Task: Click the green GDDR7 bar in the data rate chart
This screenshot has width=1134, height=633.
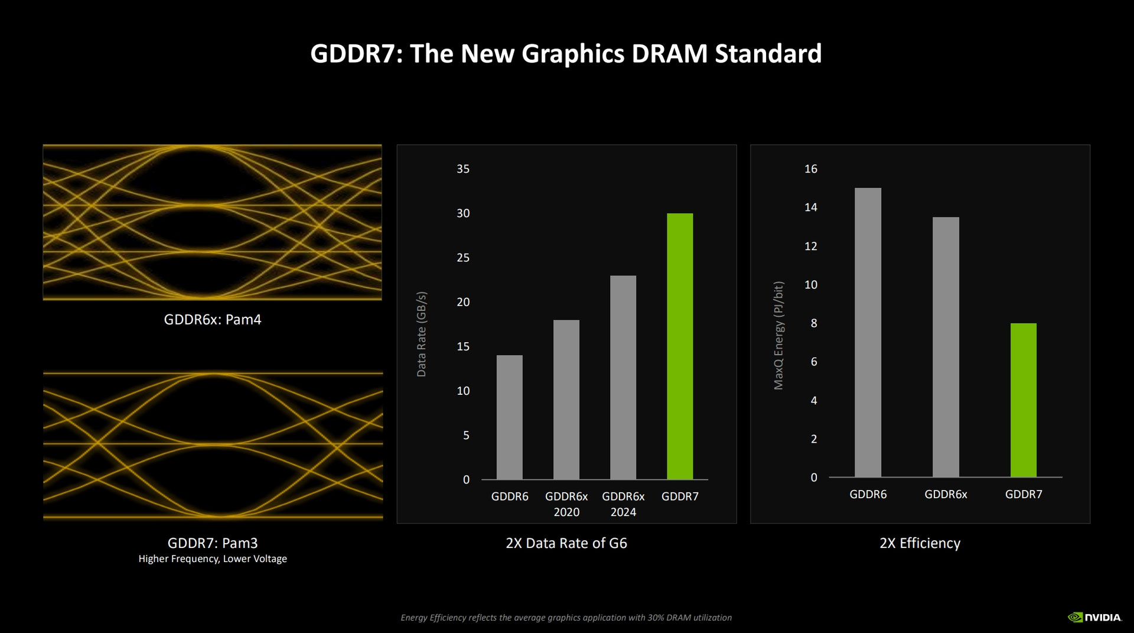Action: click(x=680, y=346)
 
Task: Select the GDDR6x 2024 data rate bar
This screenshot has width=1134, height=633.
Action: click(x=623, y=377)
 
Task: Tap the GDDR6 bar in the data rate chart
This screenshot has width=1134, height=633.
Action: click(x=510, y=417)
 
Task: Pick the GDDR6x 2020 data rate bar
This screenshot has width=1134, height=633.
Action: click(x=566, y=400)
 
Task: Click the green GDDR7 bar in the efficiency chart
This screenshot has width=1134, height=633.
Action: click(x=1024, y=400)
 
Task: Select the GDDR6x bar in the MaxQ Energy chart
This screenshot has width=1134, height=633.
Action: click(x=946, y=347)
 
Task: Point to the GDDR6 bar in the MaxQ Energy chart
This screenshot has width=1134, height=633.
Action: click(x=868, y=332)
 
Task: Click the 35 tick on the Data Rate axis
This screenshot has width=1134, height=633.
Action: click(x=463, y=169)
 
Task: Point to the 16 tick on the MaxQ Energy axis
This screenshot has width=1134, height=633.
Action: click(x=811, y=169)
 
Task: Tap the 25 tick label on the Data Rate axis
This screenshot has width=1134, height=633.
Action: click(x=463, y=258)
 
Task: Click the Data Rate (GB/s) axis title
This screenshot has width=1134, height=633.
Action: click(x=421, y=334)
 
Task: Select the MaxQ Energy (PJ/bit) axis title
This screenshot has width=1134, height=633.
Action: click(x=778, y=335)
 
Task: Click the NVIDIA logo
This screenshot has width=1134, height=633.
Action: click(x=1094, y=617)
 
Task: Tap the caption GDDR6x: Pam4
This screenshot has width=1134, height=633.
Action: click(x=213, y=320)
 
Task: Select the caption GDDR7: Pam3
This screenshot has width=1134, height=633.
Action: click(x=213, y=543)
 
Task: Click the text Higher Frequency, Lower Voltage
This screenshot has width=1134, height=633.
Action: click(x=213, y=559)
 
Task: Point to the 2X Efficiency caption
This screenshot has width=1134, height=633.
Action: click(x=920, y=543)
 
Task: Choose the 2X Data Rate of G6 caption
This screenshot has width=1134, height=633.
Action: click(x=566, y=543)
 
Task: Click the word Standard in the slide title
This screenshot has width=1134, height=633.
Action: click(x=768, y=54)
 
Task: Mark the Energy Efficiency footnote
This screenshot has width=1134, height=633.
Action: click(x=566, y=618)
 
